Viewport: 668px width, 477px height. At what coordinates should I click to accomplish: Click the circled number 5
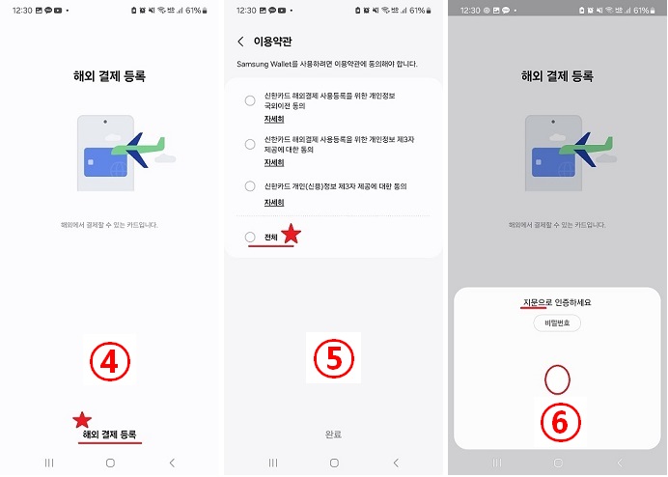pos(333,358)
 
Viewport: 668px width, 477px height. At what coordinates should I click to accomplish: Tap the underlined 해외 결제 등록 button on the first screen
pos(110,435)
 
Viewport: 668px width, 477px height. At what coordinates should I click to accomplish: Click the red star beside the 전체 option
pos(290,234)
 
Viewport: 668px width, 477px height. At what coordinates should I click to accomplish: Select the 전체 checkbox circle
pos(250,237)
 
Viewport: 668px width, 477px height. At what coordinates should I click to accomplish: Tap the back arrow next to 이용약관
pos(240,42)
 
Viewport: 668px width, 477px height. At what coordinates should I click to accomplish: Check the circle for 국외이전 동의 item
pos(250,100)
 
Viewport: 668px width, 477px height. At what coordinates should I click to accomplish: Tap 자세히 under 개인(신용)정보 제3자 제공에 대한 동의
pos(274,203)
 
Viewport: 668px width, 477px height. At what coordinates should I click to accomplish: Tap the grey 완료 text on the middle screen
pos(333,435)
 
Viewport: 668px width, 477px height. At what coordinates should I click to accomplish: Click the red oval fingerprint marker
pos(556,379)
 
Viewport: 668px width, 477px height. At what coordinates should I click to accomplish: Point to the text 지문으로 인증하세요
pos(556,302)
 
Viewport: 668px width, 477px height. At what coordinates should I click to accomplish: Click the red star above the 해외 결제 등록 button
pos(82,419)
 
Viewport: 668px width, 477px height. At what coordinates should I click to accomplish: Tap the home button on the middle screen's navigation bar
pos(333,463)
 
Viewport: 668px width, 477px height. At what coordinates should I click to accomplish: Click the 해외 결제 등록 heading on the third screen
pos(556,75)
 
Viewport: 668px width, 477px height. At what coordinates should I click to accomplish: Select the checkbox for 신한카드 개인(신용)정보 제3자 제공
pos(250,185)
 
